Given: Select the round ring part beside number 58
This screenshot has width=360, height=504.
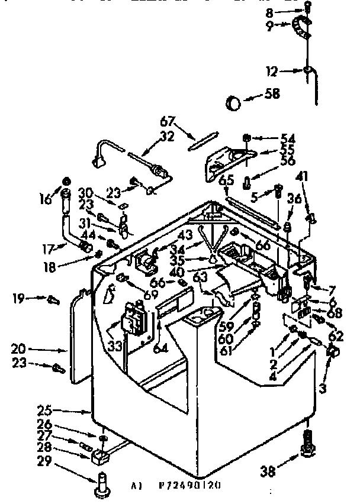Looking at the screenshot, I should pyautogui.click(x=234, y=104).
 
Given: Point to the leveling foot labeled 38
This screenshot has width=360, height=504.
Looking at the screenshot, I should pyautogui.click(x=307, y=450).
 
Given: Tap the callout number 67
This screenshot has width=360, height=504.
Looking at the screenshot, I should pyautogui.click(x=168, y=122).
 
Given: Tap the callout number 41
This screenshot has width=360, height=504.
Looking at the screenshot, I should pyautogui.click(x=303, y=176).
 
